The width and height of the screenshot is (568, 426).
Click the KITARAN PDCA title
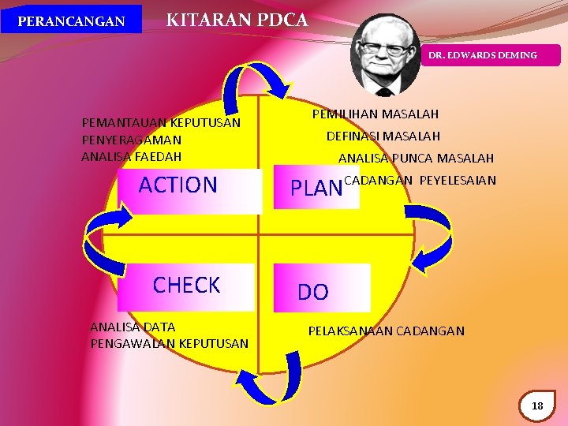[x=237, y=20]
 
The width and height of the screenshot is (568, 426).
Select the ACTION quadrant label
[x=178, y=185]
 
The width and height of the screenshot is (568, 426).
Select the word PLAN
[x=316, y=189]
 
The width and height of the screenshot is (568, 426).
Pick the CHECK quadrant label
[x=186, y=286]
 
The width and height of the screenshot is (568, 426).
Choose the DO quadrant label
[x=312, y=293]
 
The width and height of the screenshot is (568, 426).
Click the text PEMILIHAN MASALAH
[x=376, y=114]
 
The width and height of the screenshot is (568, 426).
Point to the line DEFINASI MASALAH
[x=383, y=136]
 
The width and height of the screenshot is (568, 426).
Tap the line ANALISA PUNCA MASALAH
[x=416, y=159]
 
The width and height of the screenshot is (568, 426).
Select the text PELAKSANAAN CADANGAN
[x=386, y=331]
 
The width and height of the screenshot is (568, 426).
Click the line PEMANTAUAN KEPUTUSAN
[x=161, y=123]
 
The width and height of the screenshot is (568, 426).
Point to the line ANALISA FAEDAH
[x=131, y=156]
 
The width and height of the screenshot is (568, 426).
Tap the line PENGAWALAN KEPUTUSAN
[x=170, y=343]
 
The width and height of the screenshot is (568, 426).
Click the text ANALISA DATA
[x=133, y=327]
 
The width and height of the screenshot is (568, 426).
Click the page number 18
[x=538, y=405]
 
